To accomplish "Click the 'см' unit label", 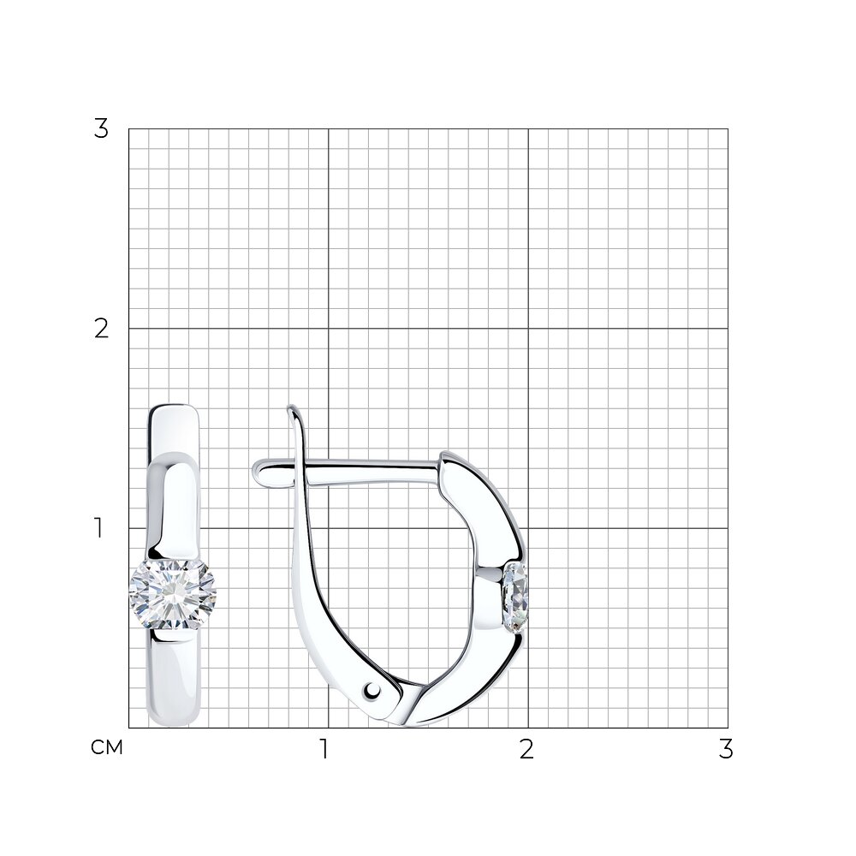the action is point(107,748).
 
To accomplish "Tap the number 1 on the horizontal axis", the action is point(324,749).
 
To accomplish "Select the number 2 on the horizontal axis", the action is point(526,749).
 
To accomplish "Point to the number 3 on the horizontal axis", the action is point(726,749).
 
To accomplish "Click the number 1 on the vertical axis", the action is point(98,528).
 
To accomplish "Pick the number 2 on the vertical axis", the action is point(102,329).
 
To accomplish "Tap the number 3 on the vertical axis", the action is point(102,129).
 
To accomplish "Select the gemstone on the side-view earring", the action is point(515,598).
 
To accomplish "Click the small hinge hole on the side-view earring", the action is point(373,691).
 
